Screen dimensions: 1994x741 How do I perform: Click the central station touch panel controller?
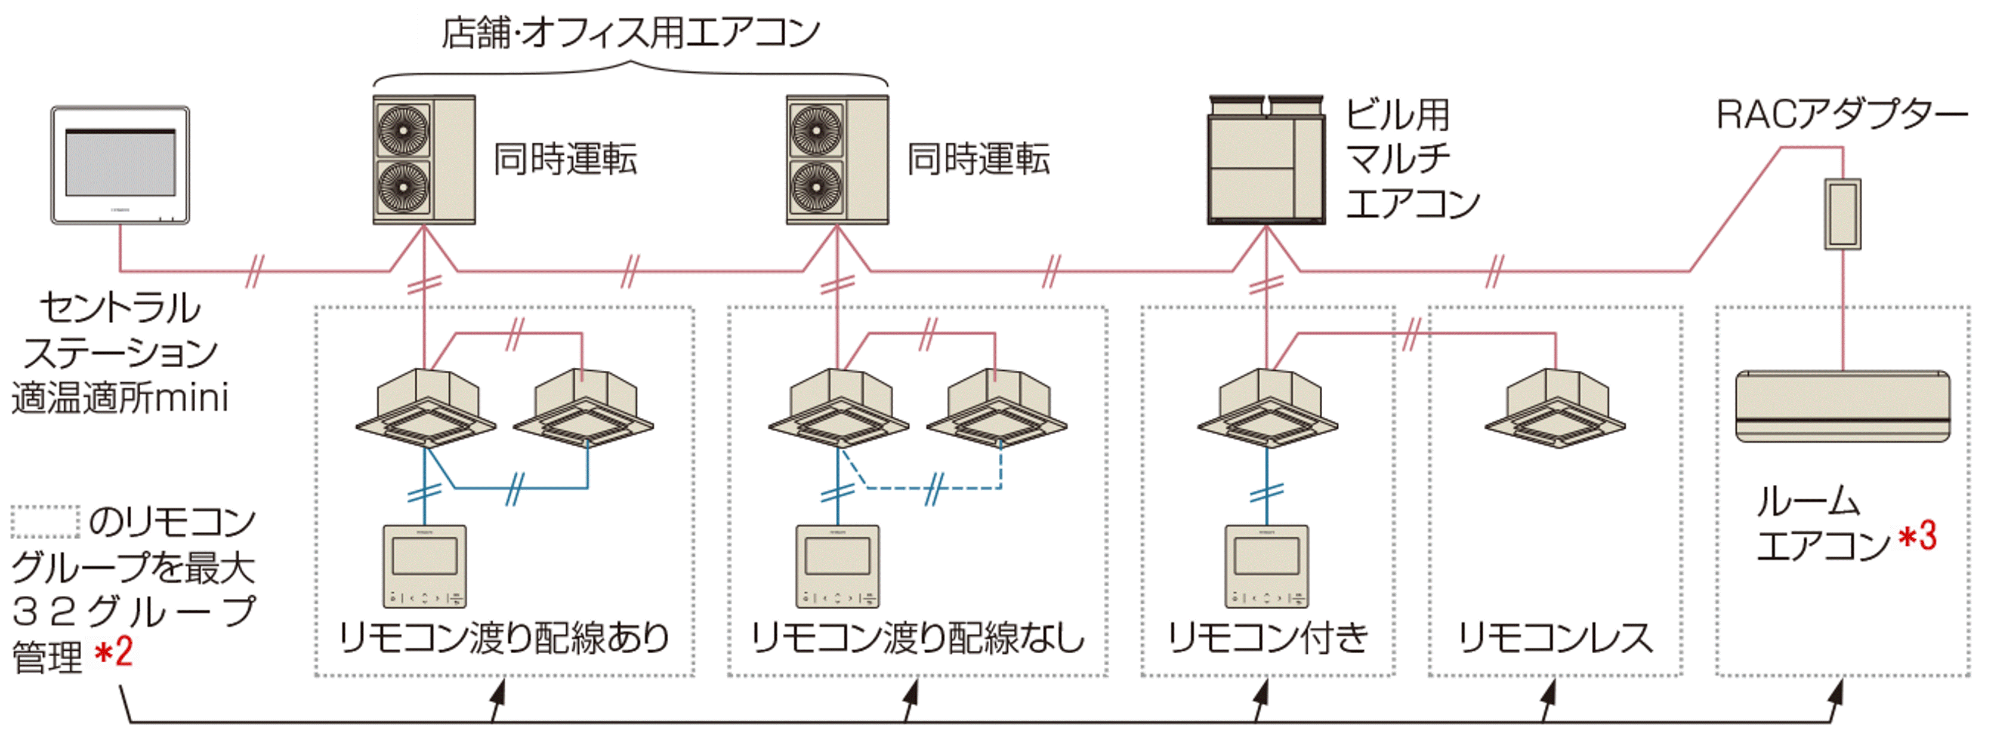point(120,165)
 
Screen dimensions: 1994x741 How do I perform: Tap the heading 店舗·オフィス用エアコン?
point(631,32)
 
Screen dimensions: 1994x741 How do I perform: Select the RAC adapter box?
point(1842,214)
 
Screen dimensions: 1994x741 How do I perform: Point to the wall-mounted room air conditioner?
point(1842,406)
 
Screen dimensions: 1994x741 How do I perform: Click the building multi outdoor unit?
point(1266,159)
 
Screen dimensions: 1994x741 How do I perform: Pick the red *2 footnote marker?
point(114,652)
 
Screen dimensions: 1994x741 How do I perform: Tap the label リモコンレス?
point(1555,639)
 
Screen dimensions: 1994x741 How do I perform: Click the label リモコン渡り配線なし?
point(917,639)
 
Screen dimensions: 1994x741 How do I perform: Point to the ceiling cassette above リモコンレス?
point(1555,408)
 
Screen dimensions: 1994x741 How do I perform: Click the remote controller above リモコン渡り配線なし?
point(838,566)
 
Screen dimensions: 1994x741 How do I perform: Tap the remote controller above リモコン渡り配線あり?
point(424,566)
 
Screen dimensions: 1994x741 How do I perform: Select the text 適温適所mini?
point(120,399)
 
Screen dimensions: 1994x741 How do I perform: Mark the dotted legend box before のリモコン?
point(45,522)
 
